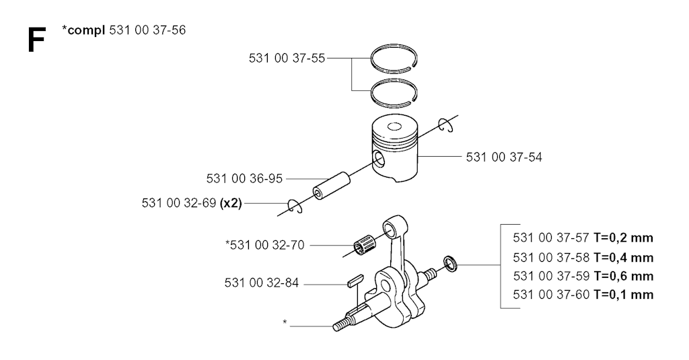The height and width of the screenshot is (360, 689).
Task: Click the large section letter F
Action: tap(36, 40)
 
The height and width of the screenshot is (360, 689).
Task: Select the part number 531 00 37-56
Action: tap(147, 30)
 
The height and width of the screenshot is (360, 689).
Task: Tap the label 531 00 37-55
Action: tap(287, 58)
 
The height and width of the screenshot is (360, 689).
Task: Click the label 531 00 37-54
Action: tap(504, 157)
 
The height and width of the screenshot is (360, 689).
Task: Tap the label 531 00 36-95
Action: tap(244, 178)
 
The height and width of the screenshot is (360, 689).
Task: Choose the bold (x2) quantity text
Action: tap(231, 203)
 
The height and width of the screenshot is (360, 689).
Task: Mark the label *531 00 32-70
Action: tap(265, 245)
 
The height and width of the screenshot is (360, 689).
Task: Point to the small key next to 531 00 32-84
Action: tap(355, 280)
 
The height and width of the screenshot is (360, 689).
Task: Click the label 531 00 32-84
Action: tap(262, 283)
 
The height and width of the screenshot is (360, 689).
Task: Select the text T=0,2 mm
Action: tap(623, 238)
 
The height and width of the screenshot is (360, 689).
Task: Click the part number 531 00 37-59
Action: tap(551, 276)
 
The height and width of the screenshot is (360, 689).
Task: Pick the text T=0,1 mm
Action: tap(623, 295)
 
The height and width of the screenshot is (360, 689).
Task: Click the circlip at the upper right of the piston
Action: tap(445, 124)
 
